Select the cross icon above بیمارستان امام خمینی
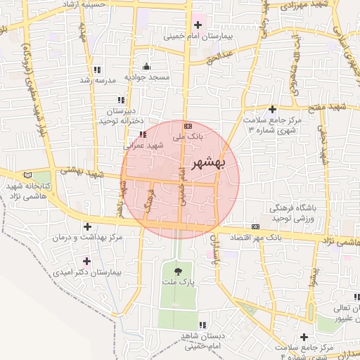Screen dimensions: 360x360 198,25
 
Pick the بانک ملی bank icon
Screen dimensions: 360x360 187,124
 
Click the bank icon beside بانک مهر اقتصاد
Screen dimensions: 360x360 255,226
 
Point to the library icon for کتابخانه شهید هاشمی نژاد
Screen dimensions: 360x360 27,174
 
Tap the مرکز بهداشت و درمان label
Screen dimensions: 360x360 88,238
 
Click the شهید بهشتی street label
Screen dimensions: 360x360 82,172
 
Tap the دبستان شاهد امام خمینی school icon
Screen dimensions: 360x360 202,325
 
